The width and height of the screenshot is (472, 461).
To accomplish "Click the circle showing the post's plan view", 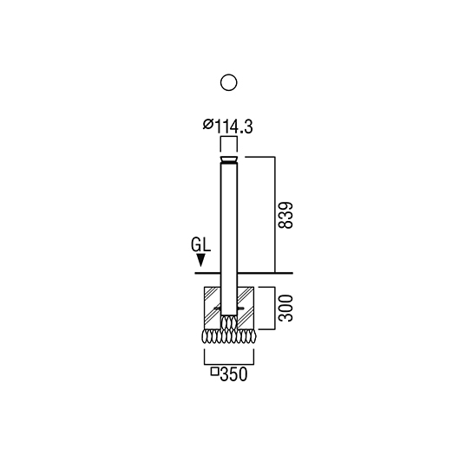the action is point(229,75).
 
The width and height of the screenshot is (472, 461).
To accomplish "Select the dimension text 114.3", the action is point(233,127).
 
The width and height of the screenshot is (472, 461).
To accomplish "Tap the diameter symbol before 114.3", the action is point(208,124).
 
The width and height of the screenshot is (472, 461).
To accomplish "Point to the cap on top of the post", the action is point(229,160).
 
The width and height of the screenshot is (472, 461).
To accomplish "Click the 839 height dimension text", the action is point(285,215).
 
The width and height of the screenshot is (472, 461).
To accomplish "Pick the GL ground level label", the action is point(200,244).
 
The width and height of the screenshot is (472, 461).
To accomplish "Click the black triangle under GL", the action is point(200,260).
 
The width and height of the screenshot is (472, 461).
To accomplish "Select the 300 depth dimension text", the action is point(285,308).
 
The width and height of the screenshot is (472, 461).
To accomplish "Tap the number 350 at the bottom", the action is point(233,374).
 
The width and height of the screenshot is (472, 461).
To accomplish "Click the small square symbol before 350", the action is point(214,372).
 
